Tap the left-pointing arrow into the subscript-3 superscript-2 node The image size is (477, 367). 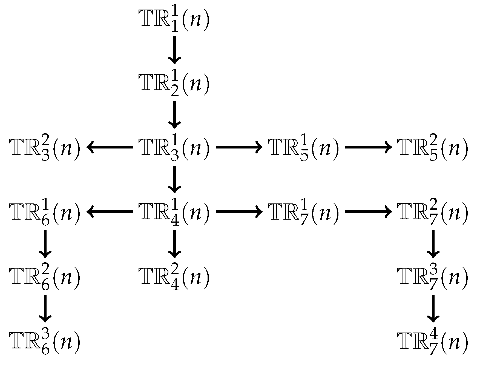(x=110, y=147)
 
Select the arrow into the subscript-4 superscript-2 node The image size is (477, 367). (x=174, y=244)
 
